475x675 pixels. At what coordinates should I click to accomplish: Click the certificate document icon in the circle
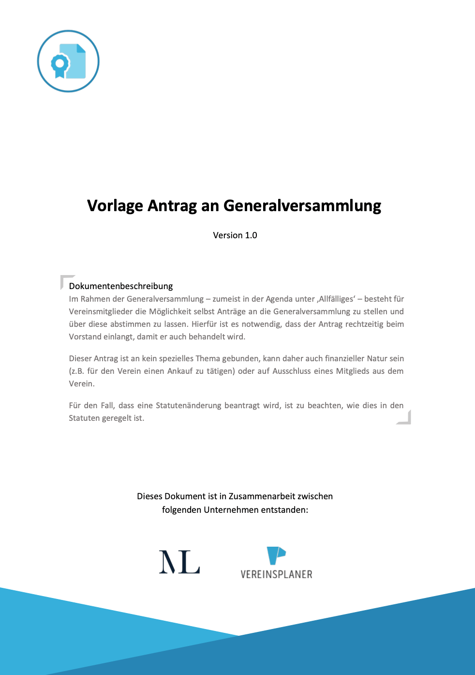click(x=68, y=61)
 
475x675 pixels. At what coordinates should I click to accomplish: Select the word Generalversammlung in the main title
click(x=302, y=206)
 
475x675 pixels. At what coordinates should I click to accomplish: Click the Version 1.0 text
click(x=235, y=235)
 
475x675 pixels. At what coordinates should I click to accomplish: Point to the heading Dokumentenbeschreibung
click(x=121, y=286)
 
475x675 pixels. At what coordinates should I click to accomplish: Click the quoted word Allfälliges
click(x=336, y=299)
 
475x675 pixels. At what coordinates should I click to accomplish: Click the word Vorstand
click(x=85, y=337)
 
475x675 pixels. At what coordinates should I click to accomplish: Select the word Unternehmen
click(x=231, y=510)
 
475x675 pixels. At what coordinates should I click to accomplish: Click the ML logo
click(x=179, y=562)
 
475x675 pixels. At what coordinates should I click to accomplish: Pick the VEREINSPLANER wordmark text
click(x=277, y=575)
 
